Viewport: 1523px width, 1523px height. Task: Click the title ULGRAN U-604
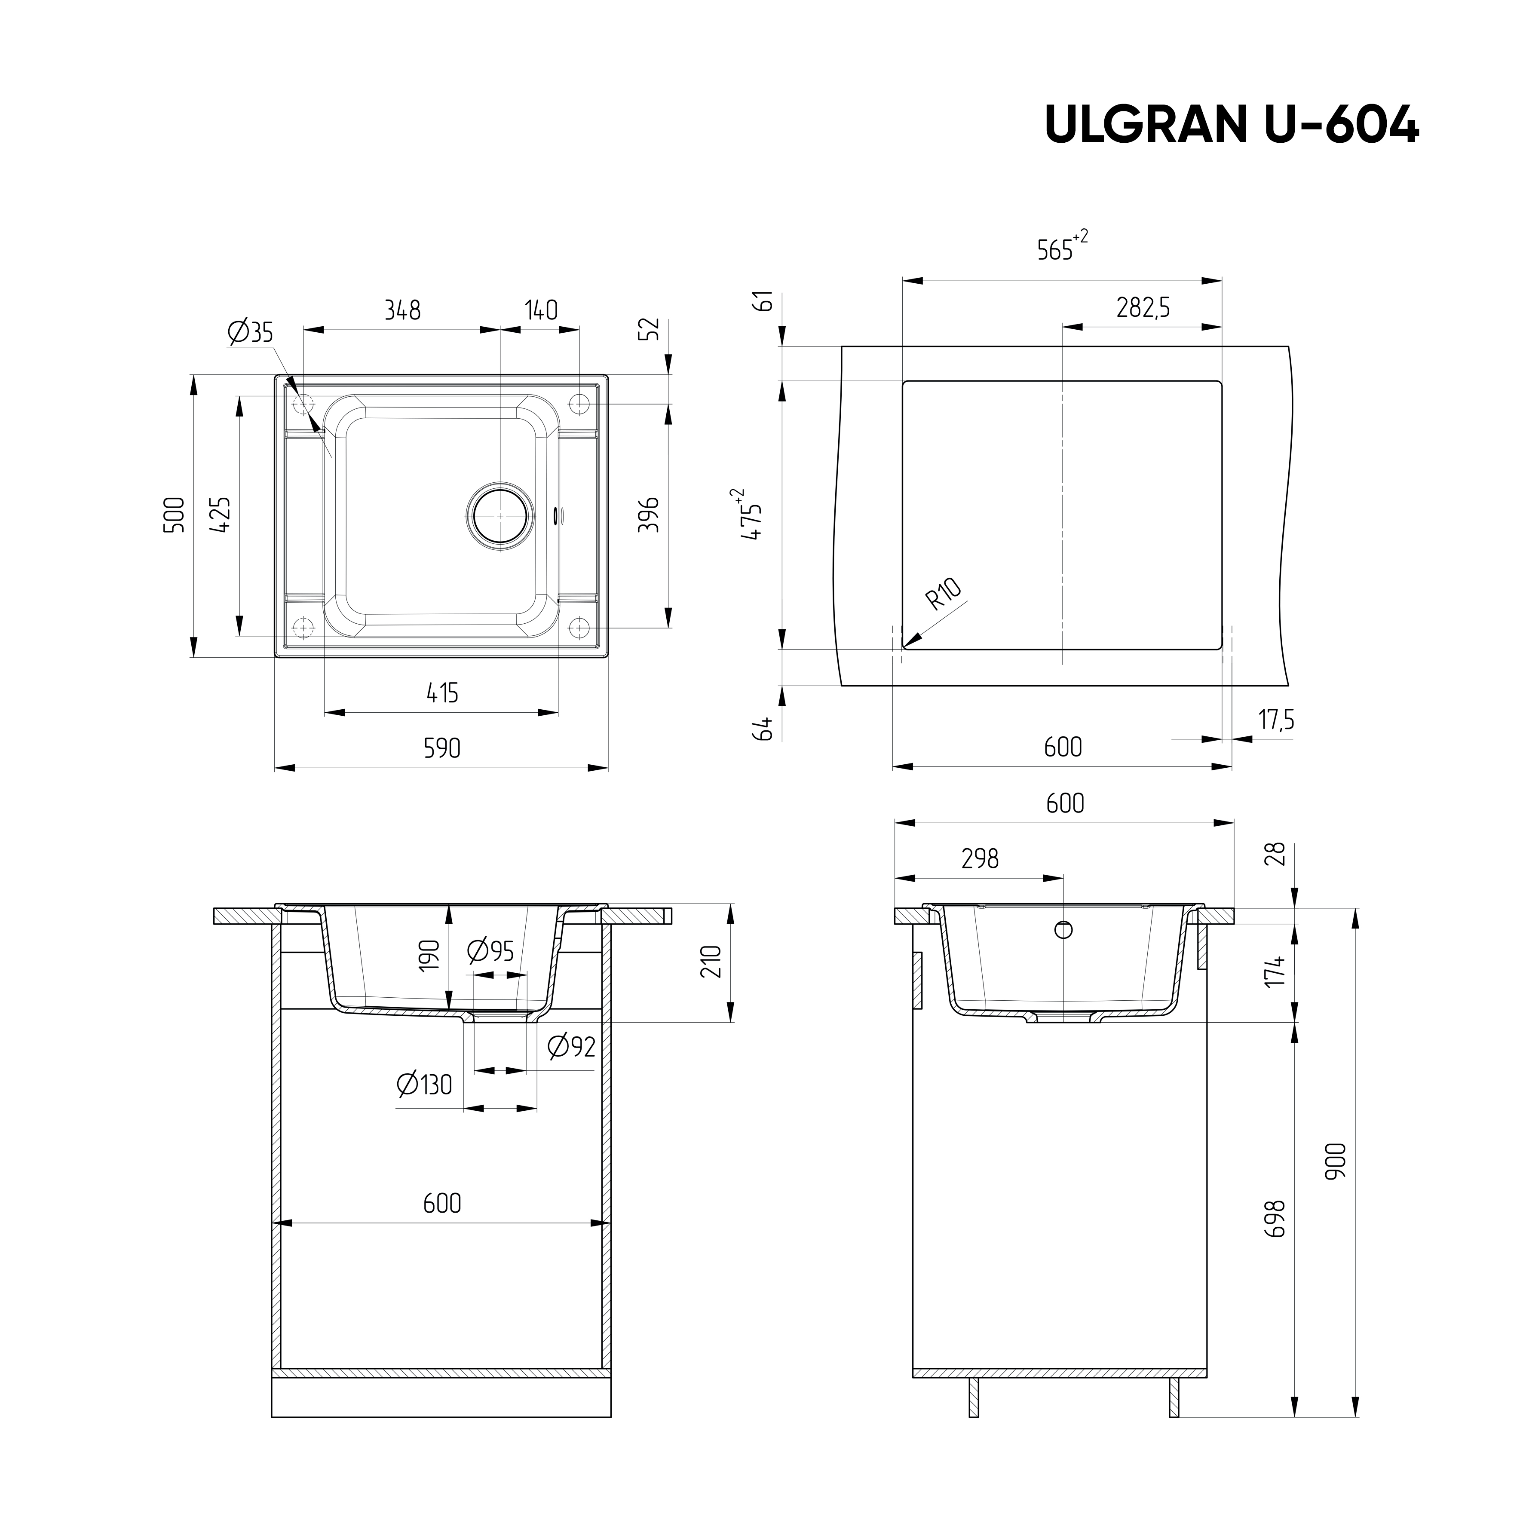[x=1231, y=124]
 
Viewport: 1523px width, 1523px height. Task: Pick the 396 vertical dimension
[x=648, y=514]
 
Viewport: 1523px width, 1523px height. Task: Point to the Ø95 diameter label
[x=490, y=951]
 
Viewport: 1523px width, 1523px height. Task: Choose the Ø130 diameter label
[x=425, y=1085]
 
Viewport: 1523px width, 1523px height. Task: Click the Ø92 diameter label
[x=571, y=1046]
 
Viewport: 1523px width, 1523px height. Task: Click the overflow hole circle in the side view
[x=1063, y=930]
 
